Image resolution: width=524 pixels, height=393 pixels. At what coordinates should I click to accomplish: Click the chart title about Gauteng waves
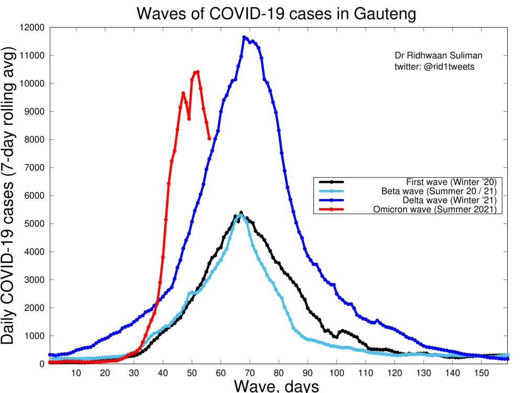pyautogui.click(x=276, y=14)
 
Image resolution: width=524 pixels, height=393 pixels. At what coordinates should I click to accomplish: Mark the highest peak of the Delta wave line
pyautogui.click(x=244, y=37)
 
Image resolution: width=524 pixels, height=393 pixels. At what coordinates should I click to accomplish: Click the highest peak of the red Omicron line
pyautogui.click(x=198, y=72)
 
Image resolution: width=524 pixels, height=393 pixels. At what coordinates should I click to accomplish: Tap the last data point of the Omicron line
pyautogui.click(x=210, y=139)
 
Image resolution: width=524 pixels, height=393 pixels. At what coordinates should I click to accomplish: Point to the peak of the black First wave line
pyautogui.click(x=241, y=213)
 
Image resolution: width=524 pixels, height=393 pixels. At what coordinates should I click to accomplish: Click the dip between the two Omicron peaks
pyautogui.click(x=189, y=119)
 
